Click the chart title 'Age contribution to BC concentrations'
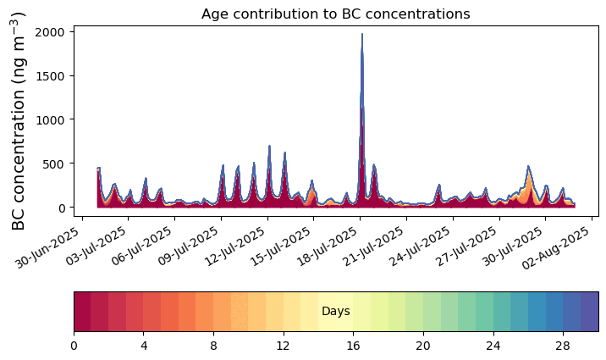pos(335,14)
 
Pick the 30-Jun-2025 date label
pos(47,247)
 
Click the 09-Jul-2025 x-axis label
pos(187,247)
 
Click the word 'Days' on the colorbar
pos(336,311)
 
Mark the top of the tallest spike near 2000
pos(362,34)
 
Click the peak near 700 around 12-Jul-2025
pos(269,147)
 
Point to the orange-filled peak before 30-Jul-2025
pos(528,167)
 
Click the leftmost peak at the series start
pos(98,169)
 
